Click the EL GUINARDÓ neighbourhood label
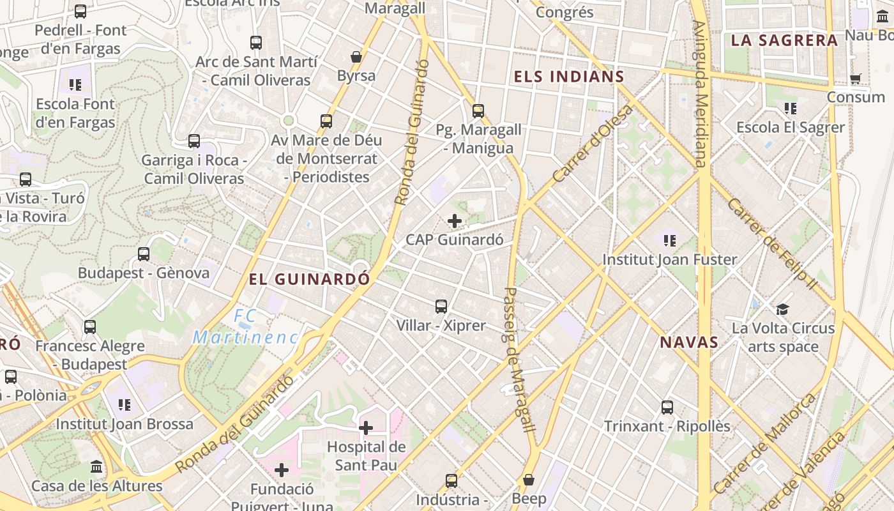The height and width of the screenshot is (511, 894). coord(309,279)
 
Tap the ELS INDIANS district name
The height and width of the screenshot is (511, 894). coord(569,77)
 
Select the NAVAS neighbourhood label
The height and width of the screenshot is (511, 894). coord(690,342)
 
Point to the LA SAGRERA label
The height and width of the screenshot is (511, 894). coord(784,40)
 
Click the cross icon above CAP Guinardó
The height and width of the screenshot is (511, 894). coord(455,221)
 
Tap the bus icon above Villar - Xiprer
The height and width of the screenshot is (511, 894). coord(441,306)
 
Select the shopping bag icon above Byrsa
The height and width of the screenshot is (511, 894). coord(356,57)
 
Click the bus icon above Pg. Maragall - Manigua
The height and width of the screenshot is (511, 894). coord(478,111)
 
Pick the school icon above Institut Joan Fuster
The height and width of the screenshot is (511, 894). coord(670,240)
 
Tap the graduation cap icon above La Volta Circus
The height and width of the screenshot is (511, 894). coord(782,309)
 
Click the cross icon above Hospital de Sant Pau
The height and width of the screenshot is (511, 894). coord(366,427)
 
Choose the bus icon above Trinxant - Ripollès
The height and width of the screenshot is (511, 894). coord(667,407)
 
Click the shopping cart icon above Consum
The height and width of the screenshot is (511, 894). coord(856,79)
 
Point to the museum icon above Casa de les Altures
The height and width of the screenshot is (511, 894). coord(96,466)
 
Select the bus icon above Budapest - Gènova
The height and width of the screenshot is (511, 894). coord(144,254)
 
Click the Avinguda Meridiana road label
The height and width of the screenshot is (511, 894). coord(701,94)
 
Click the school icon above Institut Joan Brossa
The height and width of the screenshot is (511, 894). coord(125,404)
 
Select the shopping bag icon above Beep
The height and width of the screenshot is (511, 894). coord(529,479)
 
